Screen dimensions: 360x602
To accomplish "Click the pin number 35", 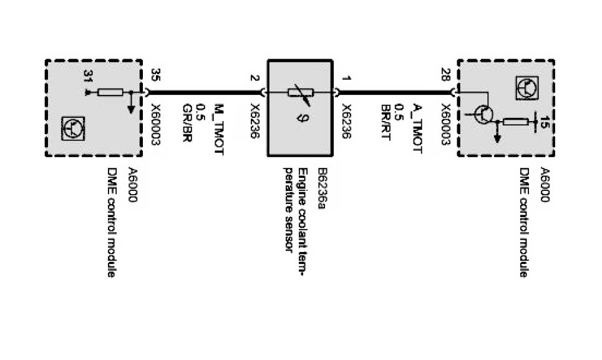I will pos(155,75).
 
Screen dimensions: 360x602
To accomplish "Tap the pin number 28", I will pos(445,75).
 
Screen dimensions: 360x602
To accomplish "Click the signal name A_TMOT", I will pos(418,122).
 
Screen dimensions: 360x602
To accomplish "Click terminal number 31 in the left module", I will pos(87,77).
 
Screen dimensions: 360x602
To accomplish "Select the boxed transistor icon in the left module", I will pos(70,129).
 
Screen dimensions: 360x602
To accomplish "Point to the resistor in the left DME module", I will pos(110,93).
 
